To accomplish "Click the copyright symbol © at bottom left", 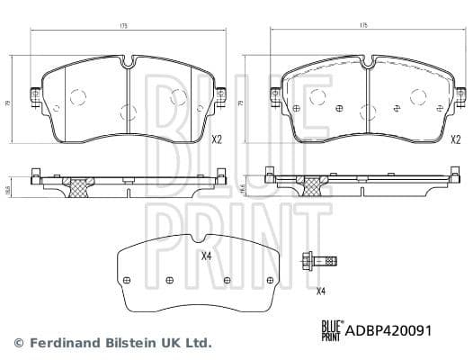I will point(19,343).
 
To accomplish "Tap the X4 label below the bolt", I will point(321,291).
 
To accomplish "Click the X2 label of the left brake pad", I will point(216,139).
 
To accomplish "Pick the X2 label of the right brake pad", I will point(455,139).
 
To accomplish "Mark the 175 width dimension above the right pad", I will point(364,25).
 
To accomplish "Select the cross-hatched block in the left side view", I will point(78,186).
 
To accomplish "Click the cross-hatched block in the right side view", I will point(315,184).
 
